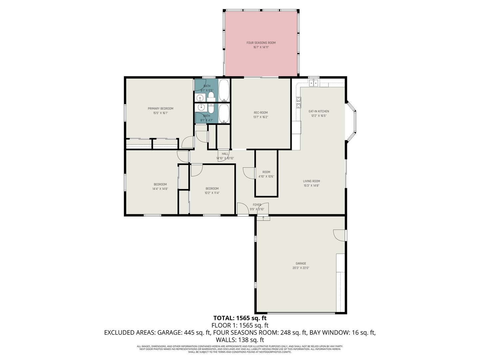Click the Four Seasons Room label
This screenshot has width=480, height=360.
coord(261,43)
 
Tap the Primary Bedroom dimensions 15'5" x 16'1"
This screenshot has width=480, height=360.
coord(160,113)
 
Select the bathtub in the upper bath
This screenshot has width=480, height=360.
coord(224,90)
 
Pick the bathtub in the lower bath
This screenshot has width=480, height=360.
coord(224,113)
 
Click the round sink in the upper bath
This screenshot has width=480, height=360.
coord(200,98)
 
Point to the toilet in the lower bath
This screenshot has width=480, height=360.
coord(211,108)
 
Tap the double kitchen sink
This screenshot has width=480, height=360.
coord(313,83)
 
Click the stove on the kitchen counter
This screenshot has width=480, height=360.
coord(298,101)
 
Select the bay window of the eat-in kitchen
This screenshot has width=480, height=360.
coord(352,121)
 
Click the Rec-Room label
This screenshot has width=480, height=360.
coord(261,113)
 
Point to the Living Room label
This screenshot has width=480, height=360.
coord(311,181)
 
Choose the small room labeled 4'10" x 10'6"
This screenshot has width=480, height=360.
coord(266,174)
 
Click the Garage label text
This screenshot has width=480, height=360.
coord(301,263)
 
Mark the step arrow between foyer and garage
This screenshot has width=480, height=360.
coord(263,218)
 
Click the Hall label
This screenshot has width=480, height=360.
coord(225,154)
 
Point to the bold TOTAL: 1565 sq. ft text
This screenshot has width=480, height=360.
coord(240,318)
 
